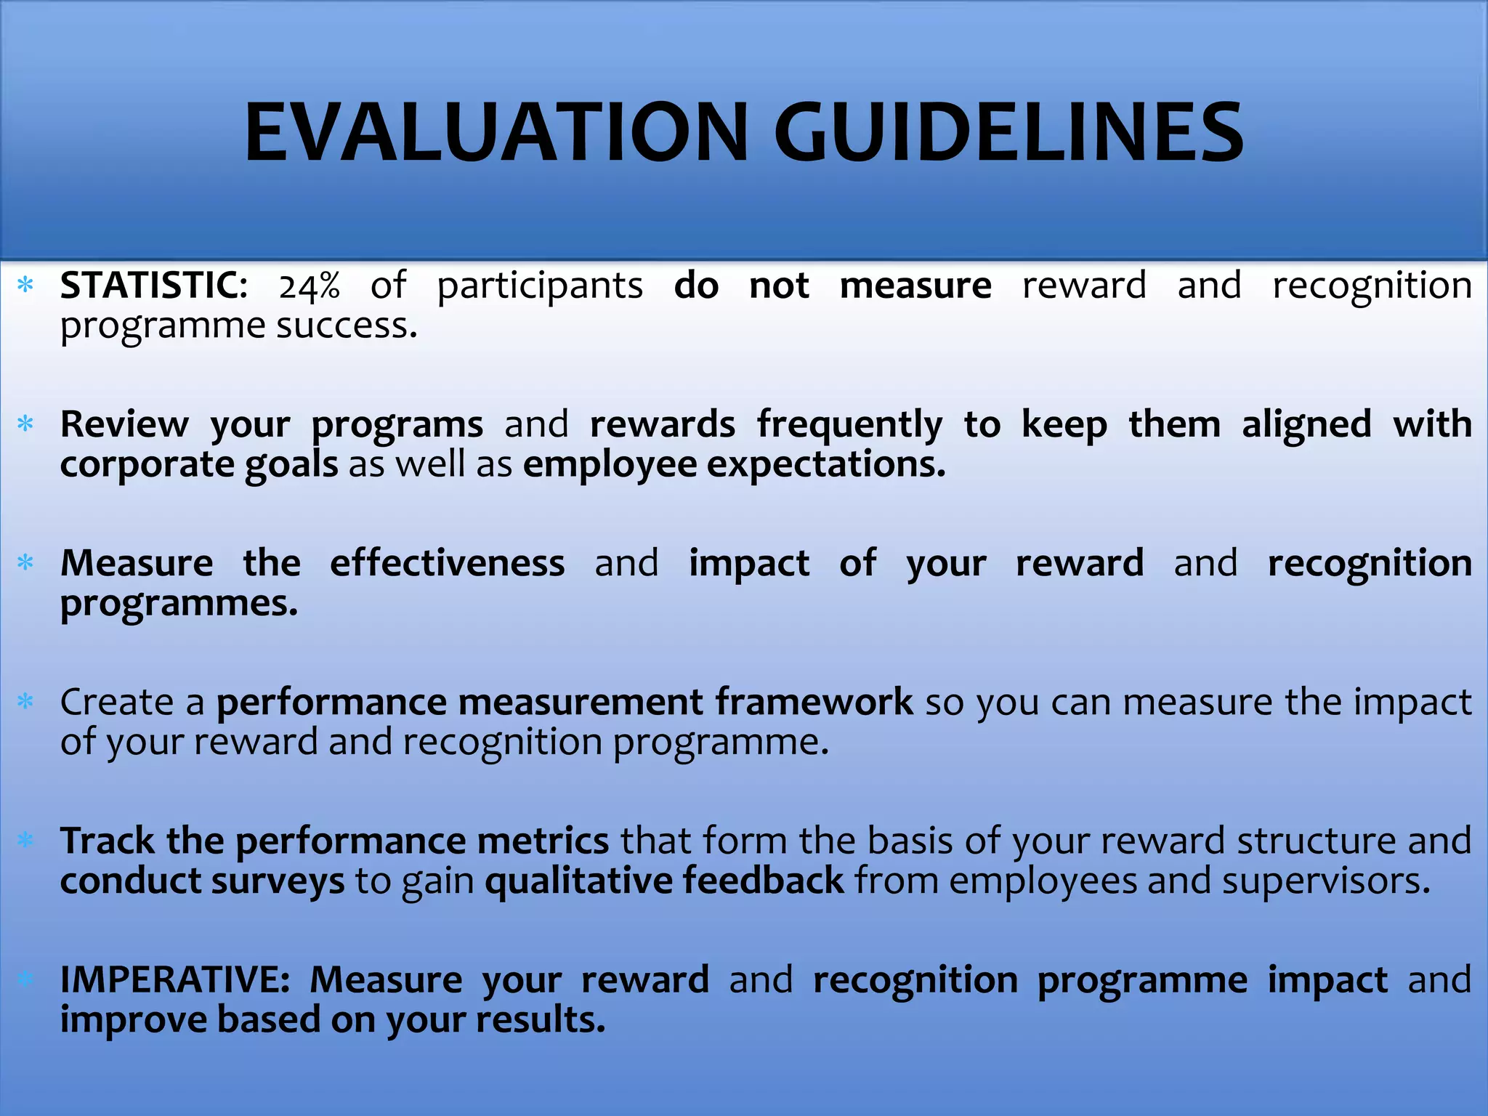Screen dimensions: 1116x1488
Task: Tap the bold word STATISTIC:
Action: [153, 286]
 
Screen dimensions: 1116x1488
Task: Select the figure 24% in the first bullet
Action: [310, 287]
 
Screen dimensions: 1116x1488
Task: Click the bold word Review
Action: [124, 424]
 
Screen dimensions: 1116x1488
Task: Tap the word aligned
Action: [1306, 424]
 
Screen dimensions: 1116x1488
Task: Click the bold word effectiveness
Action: [447, 564]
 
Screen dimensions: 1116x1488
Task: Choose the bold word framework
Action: [814, 703]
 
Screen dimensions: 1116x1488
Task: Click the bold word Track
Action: [107, 841]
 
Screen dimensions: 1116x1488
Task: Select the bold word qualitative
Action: [578, 881]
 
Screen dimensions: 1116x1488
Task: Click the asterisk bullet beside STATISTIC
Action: [26, 285]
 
